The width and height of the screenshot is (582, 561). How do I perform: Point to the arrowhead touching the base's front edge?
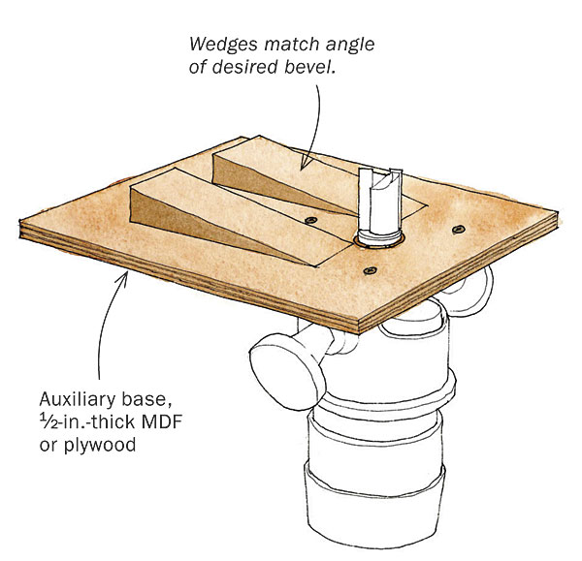122,279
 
